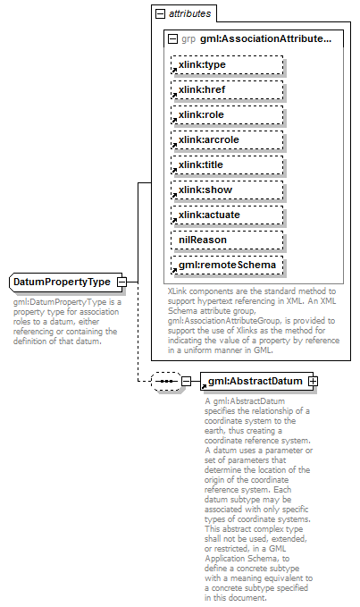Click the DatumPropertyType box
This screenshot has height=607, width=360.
pyautogui.click(x=62, y=282)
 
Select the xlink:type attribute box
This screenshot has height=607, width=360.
pyautogui.click(x=227, y=64)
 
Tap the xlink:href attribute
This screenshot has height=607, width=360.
pyautogui.click(x=227, y=89)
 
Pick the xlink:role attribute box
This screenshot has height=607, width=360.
pyautogui.click(x=227, y=114)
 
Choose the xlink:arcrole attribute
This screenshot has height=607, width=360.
pyautogui.click(x=227, y=139)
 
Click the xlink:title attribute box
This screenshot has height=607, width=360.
pyautogui.click(x=227, y=164)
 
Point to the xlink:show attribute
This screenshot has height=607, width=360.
pyautogui.click(x=227, y=190)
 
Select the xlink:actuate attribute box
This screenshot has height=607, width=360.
pyautogui.click(x=227, y=215)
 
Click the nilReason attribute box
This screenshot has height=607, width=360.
pyautogui.click(x=227, y=240)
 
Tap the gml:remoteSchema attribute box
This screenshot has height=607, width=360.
pyautogui.click(x=227, y=266)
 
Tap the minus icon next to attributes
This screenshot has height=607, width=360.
pyautogui.click(x=160, y=15)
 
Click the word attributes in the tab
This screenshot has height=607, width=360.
pyautogui.click(x=189, y=15)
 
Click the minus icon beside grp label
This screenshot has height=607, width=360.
pyautogui.click(x=172, y=39)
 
